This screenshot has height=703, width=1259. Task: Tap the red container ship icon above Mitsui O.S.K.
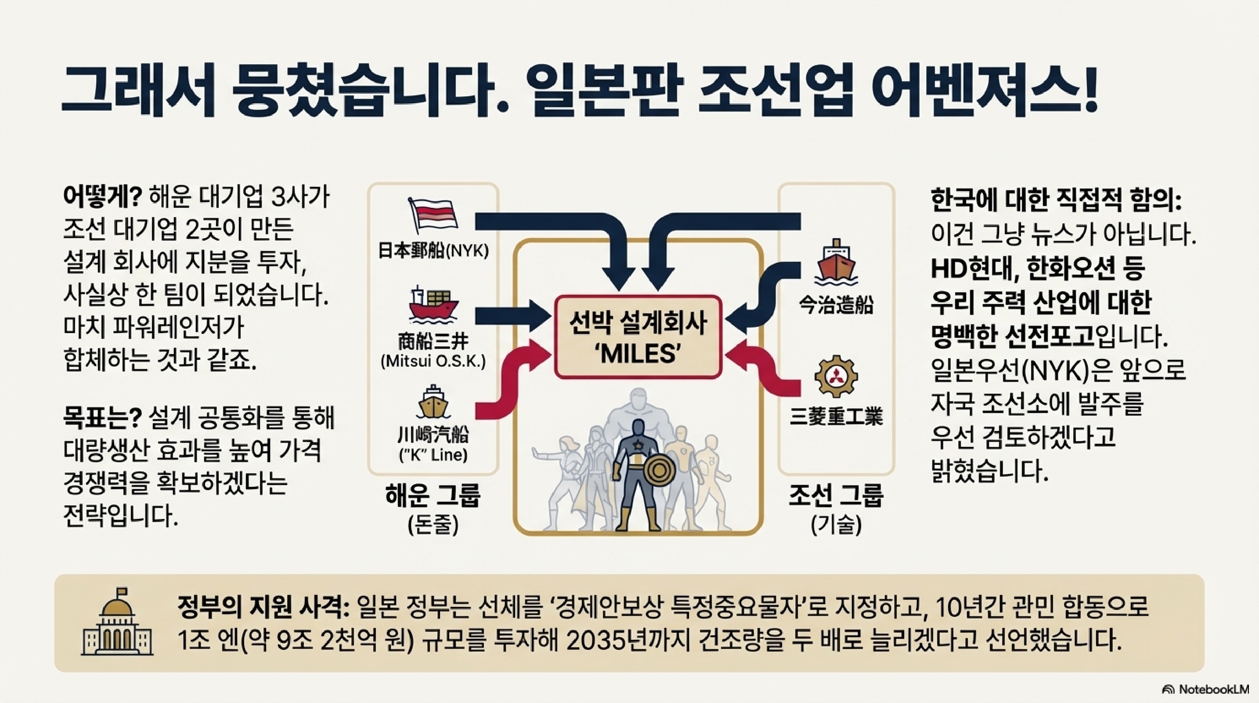tap(433, 304)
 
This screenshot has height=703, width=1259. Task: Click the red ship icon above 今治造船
tap(836, 262)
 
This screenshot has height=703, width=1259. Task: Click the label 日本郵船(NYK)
tap(433, 251)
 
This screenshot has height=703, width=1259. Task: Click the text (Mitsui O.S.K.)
tap(433, 361)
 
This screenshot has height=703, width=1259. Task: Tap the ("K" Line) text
tap(433, 455)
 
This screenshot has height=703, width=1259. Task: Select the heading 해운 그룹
tap(433, 495)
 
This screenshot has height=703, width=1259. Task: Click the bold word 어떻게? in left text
tap(102, 198)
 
